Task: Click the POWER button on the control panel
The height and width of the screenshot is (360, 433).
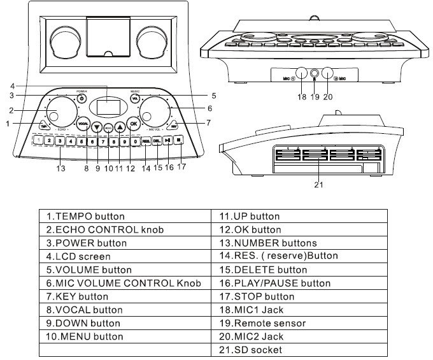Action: (83, 99)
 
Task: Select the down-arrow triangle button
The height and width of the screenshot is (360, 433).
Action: (97, 126)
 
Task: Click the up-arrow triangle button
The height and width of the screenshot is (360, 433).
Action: (120, 126)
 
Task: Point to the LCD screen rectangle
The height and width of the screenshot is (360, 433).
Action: (106, 106)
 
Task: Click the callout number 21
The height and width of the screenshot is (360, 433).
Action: (319, 185)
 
